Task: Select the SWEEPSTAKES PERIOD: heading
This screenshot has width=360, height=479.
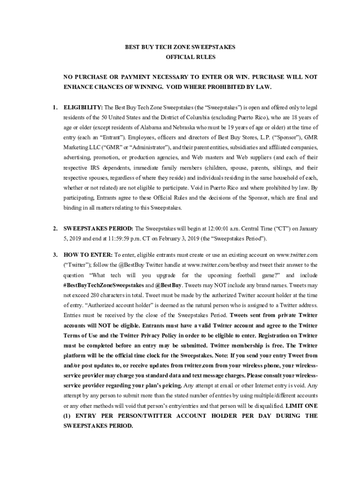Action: [98, 229]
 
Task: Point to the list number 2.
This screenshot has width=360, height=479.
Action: [55, 229]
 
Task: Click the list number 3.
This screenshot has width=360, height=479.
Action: [55, 255]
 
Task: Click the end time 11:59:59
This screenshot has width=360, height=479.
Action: [136, 239]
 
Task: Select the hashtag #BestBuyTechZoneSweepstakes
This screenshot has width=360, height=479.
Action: [103, 285]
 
